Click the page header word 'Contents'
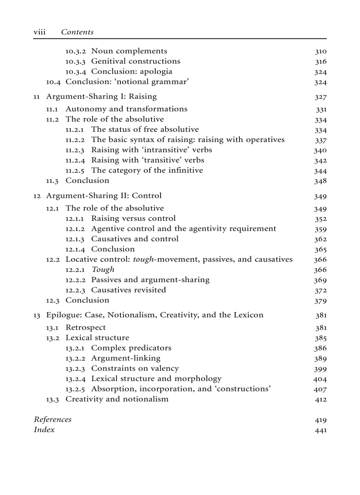click(77, 32)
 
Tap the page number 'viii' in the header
click(40, 32)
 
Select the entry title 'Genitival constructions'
click(135, 61)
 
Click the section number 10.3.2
click(76, 51)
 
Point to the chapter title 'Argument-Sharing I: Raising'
click(101, 96)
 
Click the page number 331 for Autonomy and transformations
click(321, 109)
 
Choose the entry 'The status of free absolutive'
click(145, 130)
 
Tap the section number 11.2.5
click(76, 171)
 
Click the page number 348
click(320, 181)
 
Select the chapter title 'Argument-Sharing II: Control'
click(104, 196)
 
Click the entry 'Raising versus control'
click(133, 219)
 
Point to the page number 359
click(320, 229)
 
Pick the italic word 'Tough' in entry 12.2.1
click(103, 270)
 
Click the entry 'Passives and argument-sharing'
click(150, 280)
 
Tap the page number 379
click(320, 301)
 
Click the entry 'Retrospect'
click(86, 328)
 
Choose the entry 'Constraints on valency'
click(135, 368)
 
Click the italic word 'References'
click(52, 420)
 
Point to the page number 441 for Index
click(320, 430)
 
